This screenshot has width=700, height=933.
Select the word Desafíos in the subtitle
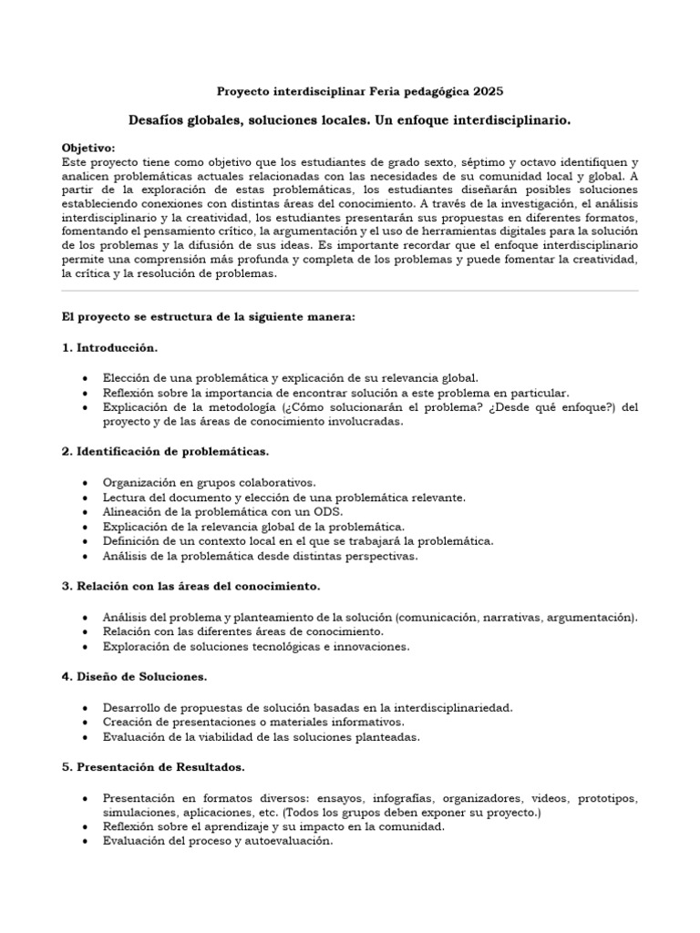click(163, 120)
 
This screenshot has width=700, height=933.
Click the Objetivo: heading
click(87, 148)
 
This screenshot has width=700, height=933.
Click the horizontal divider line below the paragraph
click(350, 292)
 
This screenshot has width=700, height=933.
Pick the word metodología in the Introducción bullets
click(233, 406)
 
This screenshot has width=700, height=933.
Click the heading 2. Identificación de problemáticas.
click(165, 451)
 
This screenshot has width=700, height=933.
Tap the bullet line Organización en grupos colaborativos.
click(210, 482)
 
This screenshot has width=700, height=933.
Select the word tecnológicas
click(270, 646)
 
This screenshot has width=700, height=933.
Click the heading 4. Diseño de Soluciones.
click(134, 676)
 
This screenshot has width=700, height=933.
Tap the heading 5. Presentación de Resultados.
click(153, 766)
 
